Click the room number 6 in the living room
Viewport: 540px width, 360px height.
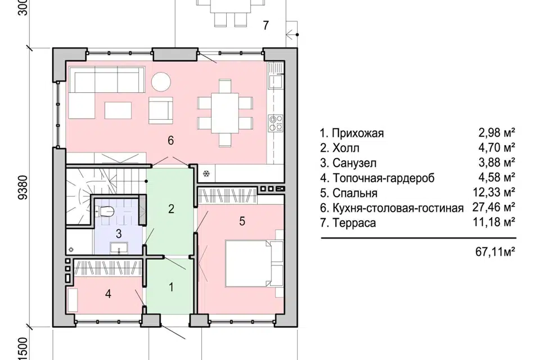click(x=170, y=141)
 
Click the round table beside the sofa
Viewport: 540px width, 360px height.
click(x=161, y=82)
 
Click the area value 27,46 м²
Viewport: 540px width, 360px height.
click(x=497, y=208)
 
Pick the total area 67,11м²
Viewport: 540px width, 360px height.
click(x=496, y=251)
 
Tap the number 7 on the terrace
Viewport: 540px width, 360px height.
click(x=266, y=25)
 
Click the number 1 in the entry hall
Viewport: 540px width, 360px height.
click(x=172, y=286)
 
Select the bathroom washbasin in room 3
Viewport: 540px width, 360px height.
click(x=118, y=247)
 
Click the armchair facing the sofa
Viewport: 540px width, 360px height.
click(x=160, y=108)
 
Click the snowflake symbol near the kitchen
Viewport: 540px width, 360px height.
click(x=206, y=174)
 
